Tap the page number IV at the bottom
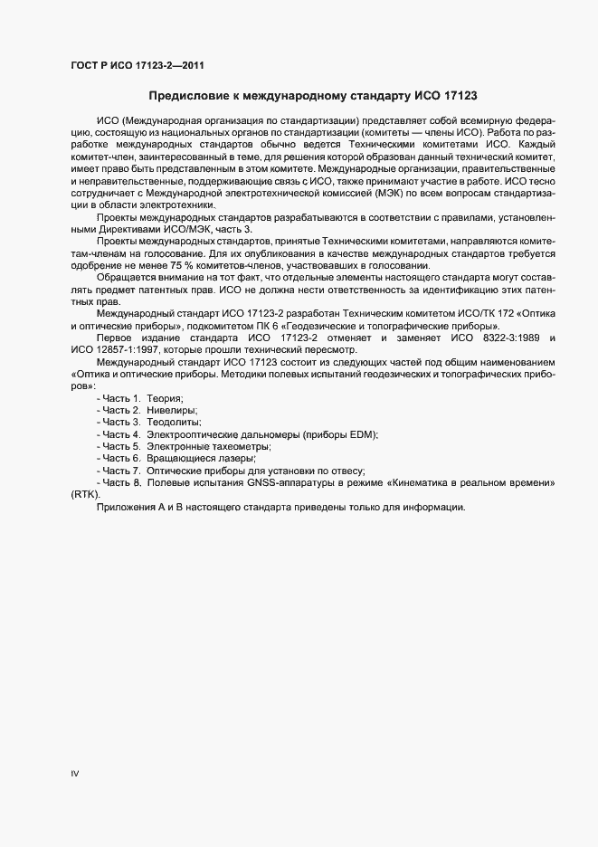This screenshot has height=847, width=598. [x=75, y=775]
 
